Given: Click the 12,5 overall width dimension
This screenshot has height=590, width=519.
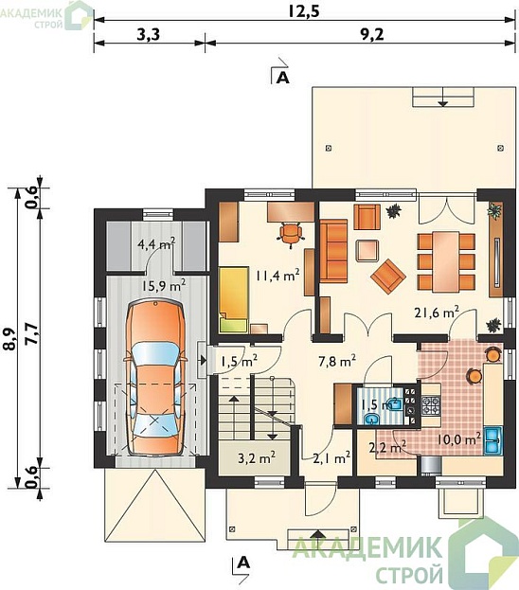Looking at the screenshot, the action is point(304,11).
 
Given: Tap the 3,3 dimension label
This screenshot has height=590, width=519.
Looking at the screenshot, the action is point(149,35).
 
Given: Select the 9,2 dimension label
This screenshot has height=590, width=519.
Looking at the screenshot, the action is point(371,35).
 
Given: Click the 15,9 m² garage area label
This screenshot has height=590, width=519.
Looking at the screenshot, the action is point(164,285).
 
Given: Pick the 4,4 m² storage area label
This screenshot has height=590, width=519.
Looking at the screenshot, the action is point(156,243).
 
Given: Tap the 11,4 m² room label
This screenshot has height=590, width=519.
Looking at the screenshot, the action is point(277,275).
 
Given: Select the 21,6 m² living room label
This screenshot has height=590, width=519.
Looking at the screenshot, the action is point(437,312).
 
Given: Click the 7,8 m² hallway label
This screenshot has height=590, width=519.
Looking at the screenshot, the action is point(337,361).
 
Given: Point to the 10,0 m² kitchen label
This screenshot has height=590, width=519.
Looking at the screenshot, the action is point(458,438).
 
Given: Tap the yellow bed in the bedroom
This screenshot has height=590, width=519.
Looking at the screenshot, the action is point(234,299).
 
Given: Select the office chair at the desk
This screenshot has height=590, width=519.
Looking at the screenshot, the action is point(290,234).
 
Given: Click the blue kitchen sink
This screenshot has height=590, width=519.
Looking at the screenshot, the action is point(492,440).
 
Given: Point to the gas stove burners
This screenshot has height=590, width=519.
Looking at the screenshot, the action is point(431,405).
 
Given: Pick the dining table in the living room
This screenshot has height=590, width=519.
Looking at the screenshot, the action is point(446,262).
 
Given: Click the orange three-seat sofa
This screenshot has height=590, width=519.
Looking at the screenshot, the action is point(333,250).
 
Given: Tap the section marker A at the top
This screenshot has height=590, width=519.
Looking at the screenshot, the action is point(283,77).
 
